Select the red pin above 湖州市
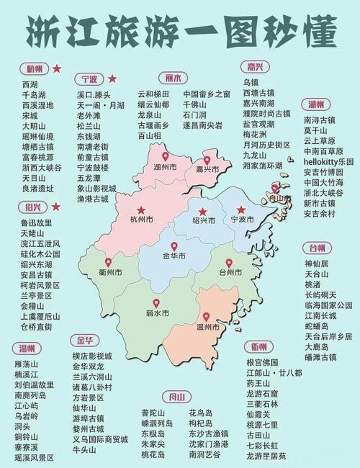165,156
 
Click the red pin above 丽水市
156,303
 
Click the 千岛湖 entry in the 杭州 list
35,94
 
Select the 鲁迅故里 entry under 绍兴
37,223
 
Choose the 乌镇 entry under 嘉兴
251,83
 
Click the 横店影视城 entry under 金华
92,356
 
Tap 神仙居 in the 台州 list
318,264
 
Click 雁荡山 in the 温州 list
32,364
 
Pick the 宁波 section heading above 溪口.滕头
89,78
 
